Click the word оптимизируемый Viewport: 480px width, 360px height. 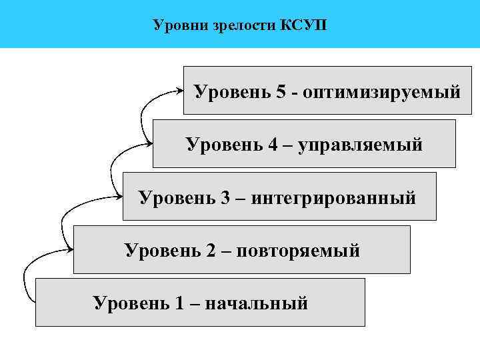coord(381,91)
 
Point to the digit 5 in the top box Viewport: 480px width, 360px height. coord(280,91)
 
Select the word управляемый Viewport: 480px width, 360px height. coord(360,145)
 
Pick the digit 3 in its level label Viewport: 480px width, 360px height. coord(225,197)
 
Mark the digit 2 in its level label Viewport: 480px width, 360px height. coord(210,251)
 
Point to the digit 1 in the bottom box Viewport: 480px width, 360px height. coord(179,303)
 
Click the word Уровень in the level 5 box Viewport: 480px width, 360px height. coord(231,91)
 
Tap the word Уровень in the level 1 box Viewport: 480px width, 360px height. coord(130,303)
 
